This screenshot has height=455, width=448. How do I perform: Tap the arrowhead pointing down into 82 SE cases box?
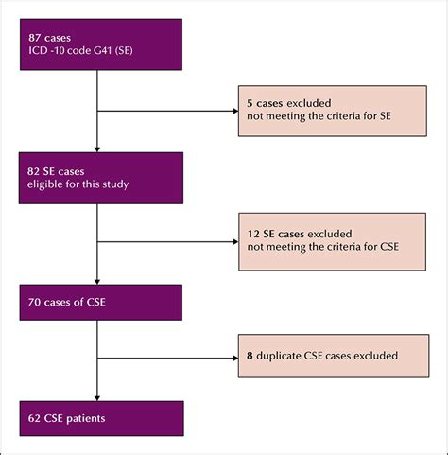(97, 149)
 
